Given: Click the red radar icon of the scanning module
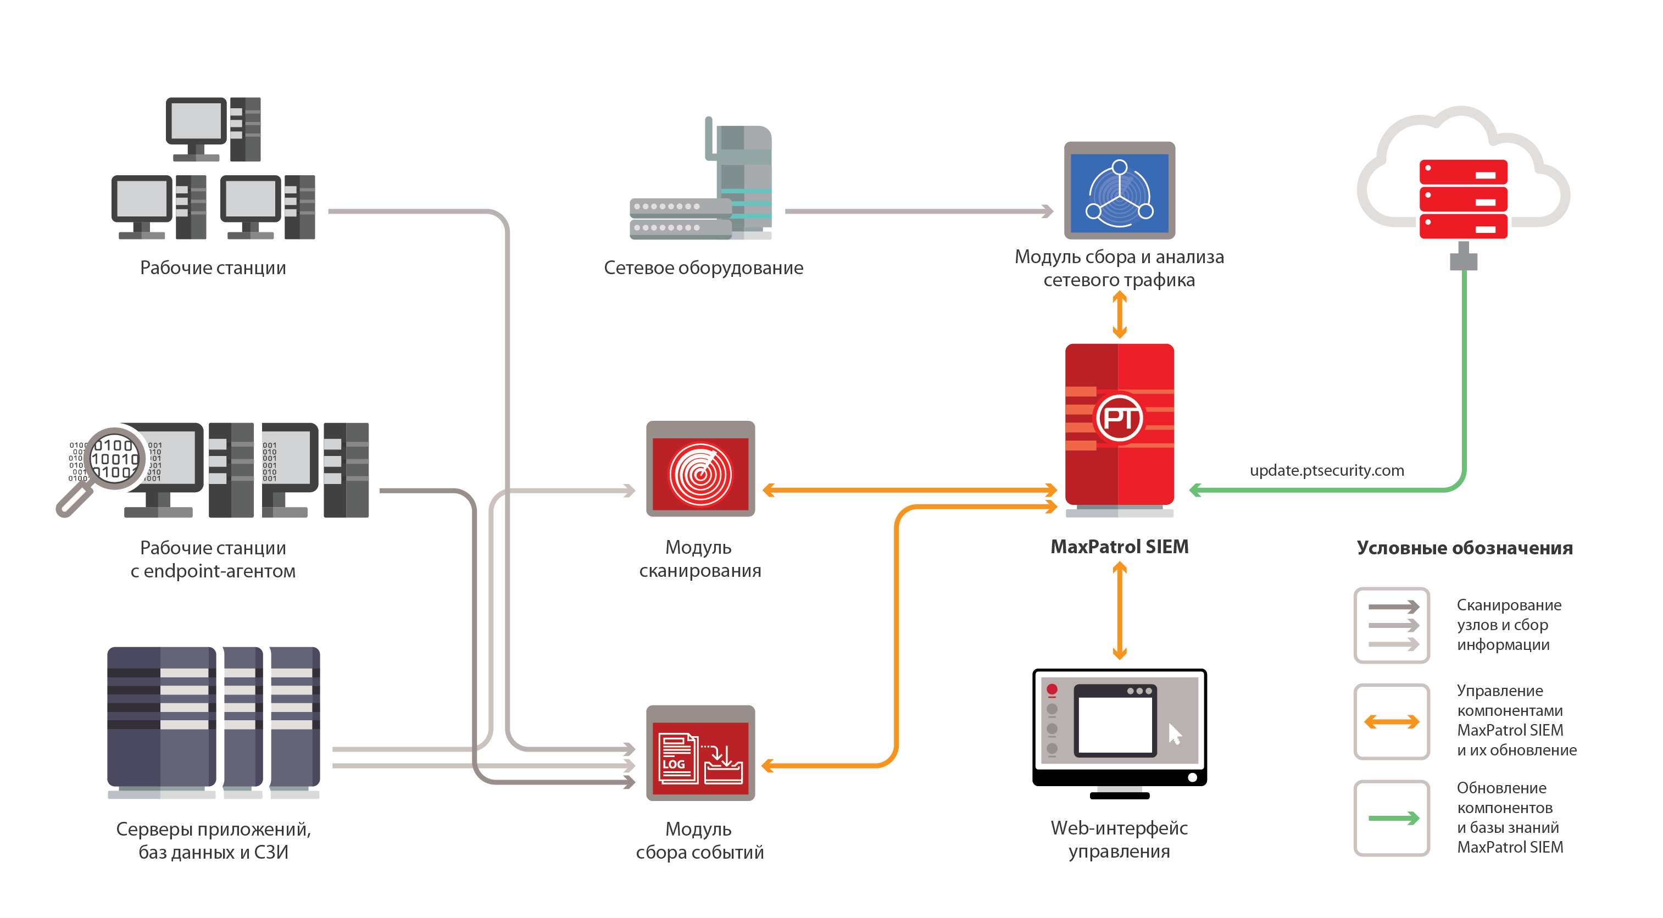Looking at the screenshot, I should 700,475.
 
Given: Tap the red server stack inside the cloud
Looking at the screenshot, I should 1463,199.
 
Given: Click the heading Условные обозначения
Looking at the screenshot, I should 1464,548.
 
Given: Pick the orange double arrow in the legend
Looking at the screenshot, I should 1391,722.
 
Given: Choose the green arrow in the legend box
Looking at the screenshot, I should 1393,818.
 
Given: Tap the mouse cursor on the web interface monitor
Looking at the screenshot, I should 1174,734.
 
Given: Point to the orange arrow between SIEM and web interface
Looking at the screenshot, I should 1120,610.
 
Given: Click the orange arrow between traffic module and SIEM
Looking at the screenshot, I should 1120,315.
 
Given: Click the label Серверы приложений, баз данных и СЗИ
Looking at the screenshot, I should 213,840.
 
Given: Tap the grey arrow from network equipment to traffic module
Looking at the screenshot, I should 917,211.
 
